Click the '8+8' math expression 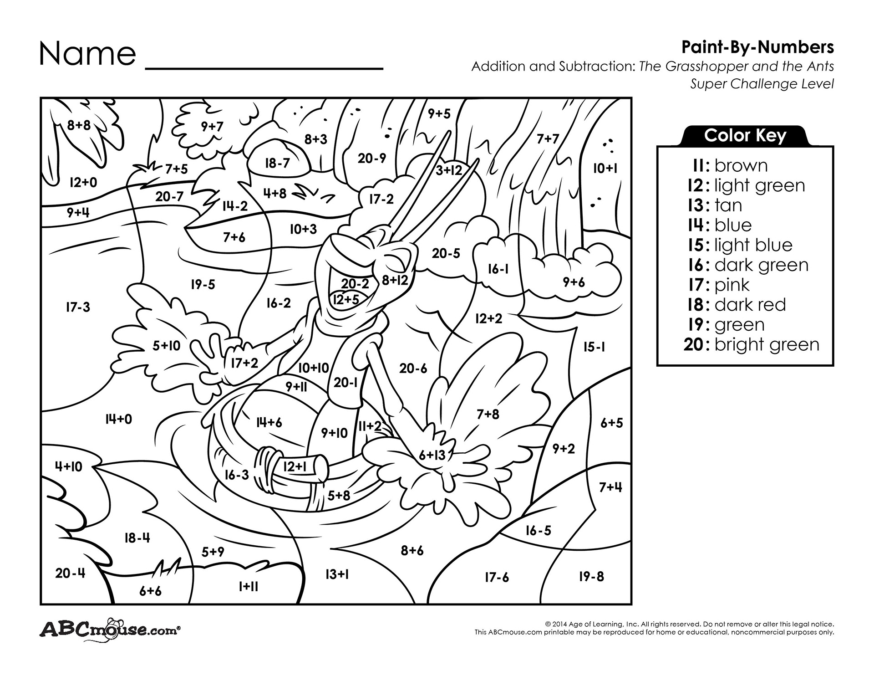pos(79,125)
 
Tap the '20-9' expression pos(371,158)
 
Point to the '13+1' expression pos(337,574)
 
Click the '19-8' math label pos(591,576)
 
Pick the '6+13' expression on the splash pos(432,455)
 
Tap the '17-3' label pos(78,307)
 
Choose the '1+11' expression pos(248,586)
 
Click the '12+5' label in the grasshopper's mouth pos(346,299)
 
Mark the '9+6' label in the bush pos(574,282)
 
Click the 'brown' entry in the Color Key pos(741,165)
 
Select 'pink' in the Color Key pos(732,285)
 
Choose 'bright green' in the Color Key pos(767,344)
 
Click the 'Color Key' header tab pos(745,135)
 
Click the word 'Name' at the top pos(88,53)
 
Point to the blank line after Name pos(264,69)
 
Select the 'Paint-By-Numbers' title pos(757,47)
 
